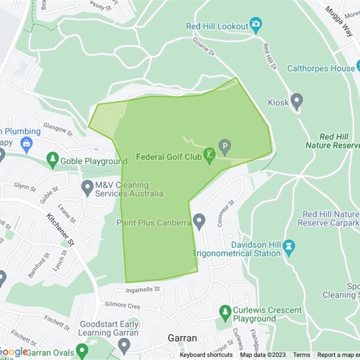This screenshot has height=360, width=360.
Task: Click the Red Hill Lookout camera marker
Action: pyautogui.click(x=256, y=25)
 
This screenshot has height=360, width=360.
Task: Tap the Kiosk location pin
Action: pyautogui.click(x=297, y=101)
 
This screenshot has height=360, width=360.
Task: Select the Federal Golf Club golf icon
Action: pyautogui.click(x=209, y=156)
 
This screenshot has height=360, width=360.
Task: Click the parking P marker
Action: pyautogui.click(x=225, y=146)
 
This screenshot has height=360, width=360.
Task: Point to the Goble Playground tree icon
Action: pyautogui.click(x=53, y=159)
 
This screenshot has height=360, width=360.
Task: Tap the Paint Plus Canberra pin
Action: pyautogui.click(x=199, y=221)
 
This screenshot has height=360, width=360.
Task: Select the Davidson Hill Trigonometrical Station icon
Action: pyautogui.click(x=289, y=246)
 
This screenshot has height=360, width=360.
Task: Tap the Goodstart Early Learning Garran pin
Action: pyautogui.click(x=124, y=346)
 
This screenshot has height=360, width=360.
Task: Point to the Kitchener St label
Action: pyautogui.click(x=60, y=229)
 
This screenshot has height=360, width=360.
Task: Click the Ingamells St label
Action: pyautogui.click(x=143, y=290)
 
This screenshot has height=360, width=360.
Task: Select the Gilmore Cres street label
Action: pyautogui.click(x=122, y=306)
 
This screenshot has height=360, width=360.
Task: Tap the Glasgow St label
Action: pyautogui.click(x=58, y=130)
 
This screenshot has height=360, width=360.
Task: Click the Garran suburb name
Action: pyautogui.click(x=182, y=337)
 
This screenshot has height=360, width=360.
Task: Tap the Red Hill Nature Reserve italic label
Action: pyautogui.click(x=333, y=141)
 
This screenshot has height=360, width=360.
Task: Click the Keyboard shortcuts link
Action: pyautogui.click(x=207, y=355)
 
